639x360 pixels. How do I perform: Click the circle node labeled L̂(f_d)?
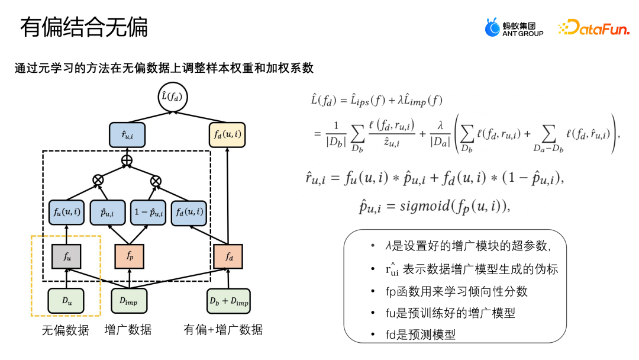pyautogui.click(x=172, y=97)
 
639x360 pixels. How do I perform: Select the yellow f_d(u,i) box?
pyautogui.click(x=227, y=136)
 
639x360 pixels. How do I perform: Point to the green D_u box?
pyautogui.click(x=66, y=301)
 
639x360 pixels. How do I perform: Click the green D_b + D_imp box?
pyautogui.click(x=228, y=301)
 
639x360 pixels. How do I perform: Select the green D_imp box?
pyautogui.click(x=129, y=301)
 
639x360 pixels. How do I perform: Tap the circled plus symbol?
pyautogui.click(x=127, y=160)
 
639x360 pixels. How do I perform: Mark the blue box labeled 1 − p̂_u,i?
pyautogui.click(x=148, y=212)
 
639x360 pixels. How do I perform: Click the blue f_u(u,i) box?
pyautogui.click(x=66, y=212)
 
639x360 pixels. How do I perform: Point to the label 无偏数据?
pyautogui.click(x=65, y=330)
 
